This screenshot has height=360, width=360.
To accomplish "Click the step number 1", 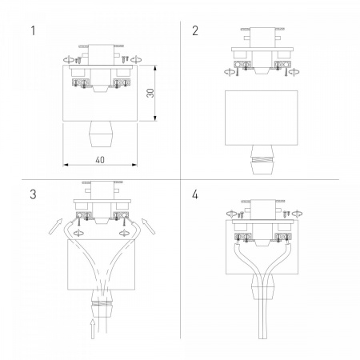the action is [x=33, y=30].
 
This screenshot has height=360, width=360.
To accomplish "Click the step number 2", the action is [x=195, y=30].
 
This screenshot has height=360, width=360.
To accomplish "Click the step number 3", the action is [x=33, y=194].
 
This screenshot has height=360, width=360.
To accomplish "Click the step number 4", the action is [x=195, y=194].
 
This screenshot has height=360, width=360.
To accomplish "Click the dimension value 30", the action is [x=150, y=93].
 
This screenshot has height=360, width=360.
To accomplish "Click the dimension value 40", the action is [x=100, y=160].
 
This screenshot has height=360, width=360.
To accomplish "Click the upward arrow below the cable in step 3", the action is [x=93, y=329].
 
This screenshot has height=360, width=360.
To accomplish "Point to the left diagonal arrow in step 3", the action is [x=55, y=226].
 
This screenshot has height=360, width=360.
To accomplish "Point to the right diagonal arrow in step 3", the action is [x=148, y=226].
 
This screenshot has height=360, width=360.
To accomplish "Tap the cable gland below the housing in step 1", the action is [x=100, y=134].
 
